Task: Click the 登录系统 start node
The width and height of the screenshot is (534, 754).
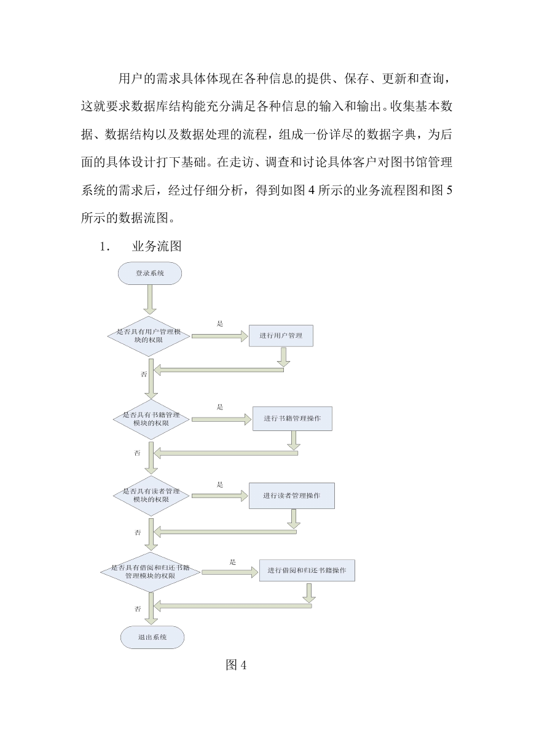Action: tap(149, 273)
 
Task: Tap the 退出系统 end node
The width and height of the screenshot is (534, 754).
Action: tap(152, 637)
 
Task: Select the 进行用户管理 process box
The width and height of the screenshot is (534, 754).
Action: tap(281, 336)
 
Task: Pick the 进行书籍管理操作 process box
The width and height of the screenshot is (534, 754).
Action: tap(293, 418)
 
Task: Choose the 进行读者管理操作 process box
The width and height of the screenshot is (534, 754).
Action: tap(292, 496)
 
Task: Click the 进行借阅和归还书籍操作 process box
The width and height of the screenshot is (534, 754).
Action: tap(307, 570)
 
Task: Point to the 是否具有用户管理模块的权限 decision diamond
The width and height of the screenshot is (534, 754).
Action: tap(149, 336)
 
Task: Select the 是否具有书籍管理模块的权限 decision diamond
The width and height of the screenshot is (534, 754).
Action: tap(151, 419)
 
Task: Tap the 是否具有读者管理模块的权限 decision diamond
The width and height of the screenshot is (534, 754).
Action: tap(151, 496)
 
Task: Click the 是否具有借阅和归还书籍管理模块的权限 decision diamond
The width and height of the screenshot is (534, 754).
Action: tap(151, 572)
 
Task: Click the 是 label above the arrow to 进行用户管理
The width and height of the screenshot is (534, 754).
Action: tap(220, 324)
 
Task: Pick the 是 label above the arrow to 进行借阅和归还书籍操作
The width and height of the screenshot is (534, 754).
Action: tap(232, 562)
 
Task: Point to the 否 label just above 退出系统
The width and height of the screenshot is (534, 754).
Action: tap(138, 608)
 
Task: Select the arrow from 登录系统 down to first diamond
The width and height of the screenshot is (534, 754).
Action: tap(149, 300)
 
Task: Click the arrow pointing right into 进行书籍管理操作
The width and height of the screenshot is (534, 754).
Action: tap(222, 419)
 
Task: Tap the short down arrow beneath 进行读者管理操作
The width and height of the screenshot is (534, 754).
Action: tap(294, 519)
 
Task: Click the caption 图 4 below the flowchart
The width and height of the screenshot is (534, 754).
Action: tap(236, 665)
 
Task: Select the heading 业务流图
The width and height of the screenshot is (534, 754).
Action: tap(157, 246)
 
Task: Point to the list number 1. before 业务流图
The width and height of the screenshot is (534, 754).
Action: tap(104, 247)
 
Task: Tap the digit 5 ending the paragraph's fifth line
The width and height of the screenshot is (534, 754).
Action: tap(449, 190)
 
